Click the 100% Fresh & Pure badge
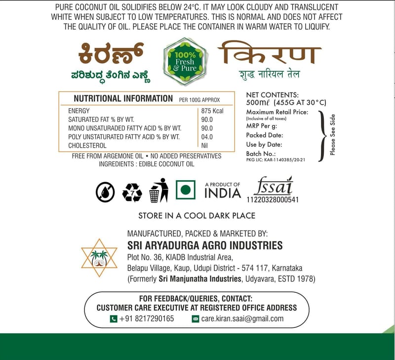point(185,62)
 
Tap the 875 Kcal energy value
point(212,111)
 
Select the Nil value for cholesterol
point(204,145)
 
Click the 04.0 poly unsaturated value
point(207,137)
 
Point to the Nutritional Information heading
point(123,98)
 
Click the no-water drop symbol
point(105,192)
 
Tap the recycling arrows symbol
point(132,192)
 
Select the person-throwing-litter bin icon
point(158,190)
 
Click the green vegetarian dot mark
point(186,191)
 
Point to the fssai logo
point(273,186)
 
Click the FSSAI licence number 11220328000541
point(273,200)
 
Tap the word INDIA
point(223,193)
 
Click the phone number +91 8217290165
point(147,319)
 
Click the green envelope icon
point(195,319)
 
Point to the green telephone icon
point(114,319)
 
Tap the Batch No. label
point(261,154)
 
